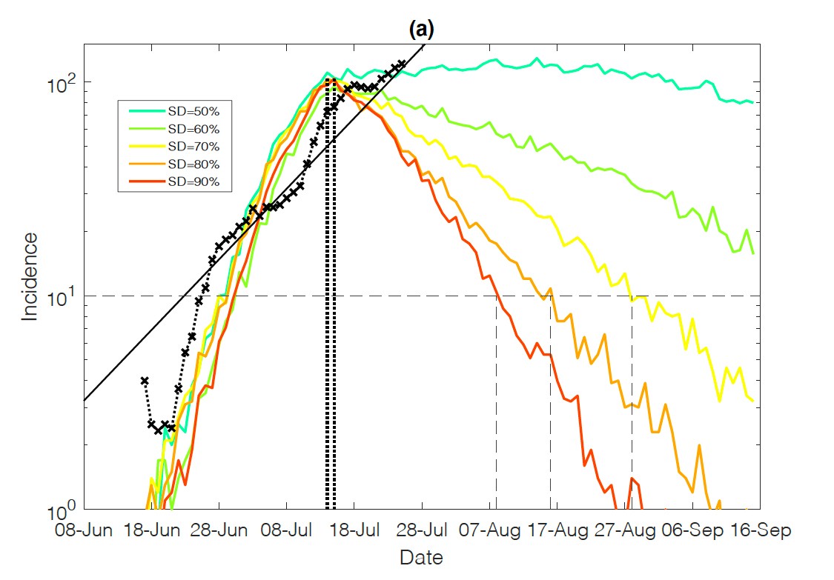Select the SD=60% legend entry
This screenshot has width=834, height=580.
click(x=190, y=128)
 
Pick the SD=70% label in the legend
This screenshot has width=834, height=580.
click(x=190, y=146)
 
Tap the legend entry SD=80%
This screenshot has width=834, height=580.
click(x=190, y=164)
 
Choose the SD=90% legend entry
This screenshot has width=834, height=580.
click(x=190, y=181)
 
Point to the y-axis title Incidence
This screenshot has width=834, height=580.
click(x=30, y=276)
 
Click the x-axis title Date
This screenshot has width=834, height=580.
click(x=420, y=557)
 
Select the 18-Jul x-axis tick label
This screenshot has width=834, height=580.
click(x=355, y=531)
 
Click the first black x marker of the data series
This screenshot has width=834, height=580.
click(x=145, y=381)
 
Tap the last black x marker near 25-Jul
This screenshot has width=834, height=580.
click(x=402, y=64)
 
